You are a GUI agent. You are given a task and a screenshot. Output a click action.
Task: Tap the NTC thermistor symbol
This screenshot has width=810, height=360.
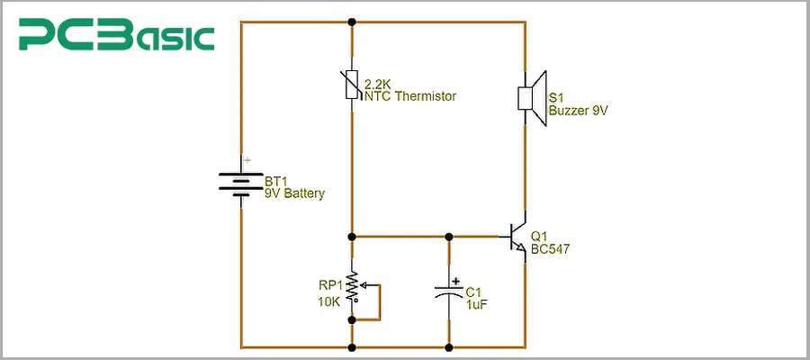point(352,89)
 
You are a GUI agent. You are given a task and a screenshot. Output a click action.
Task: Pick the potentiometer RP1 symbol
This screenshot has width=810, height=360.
point(353,291)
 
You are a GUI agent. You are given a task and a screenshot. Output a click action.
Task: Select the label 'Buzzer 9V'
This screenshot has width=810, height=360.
point(579,111)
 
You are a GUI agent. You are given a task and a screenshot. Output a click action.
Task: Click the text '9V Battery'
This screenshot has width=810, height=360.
point(294,193)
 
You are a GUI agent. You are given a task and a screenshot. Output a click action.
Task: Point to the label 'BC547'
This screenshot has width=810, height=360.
point(551,248)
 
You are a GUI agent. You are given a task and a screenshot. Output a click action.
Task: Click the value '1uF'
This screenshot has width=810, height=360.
point(478,304)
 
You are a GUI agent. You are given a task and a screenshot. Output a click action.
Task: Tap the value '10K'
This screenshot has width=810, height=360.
point(328,302)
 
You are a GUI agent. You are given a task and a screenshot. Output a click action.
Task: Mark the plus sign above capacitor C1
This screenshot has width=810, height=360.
point(457,279)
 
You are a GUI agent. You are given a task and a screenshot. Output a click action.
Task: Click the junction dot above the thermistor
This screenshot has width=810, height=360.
point(352,22)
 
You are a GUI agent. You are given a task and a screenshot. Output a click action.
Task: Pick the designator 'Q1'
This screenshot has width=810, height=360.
point(540,236)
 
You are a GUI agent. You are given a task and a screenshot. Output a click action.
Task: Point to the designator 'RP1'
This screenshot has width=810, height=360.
point(329,286)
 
